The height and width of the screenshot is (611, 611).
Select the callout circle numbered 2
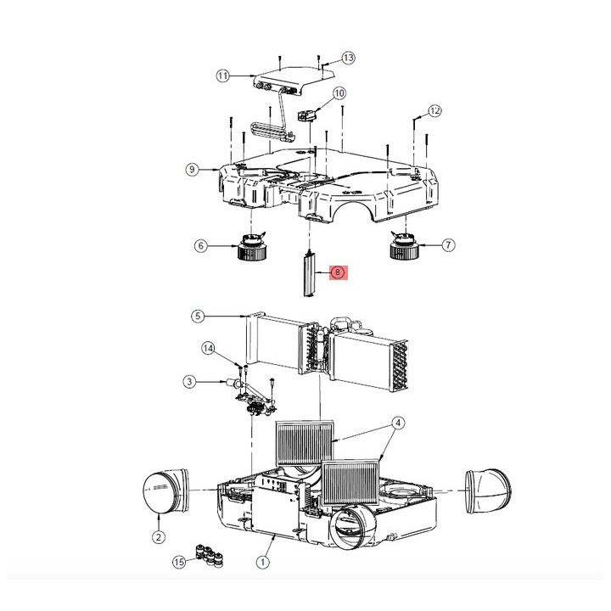(x=159, y=536)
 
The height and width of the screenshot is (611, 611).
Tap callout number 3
(x=192, y=382)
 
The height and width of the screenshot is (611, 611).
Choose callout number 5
(x=197, y=316)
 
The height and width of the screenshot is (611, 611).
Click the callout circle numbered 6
(x=201, y=246)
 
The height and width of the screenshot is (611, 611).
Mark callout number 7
(x=449, y=245)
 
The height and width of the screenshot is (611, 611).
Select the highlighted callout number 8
(x=338, y=272)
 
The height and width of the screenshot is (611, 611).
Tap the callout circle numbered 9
(x=193, y=170)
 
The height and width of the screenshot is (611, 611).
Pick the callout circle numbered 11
(x=223, y=76)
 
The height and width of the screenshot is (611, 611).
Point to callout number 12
(x=434, y=110)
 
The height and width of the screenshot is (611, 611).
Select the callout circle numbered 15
(x=179, y=562)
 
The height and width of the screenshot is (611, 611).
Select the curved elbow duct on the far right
(x=485, y=490)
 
